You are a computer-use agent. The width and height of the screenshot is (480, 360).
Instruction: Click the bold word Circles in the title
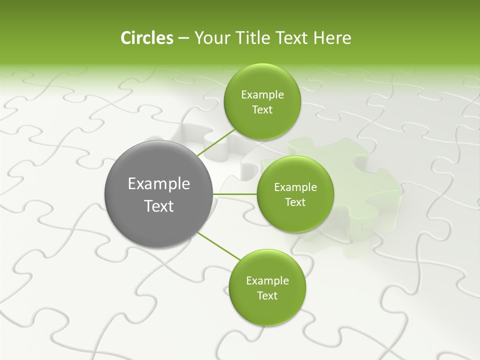click(147, 38)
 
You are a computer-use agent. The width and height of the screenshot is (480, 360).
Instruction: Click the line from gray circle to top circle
click(216, 142)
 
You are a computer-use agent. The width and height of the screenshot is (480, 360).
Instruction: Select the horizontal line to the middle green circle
click(235, 194)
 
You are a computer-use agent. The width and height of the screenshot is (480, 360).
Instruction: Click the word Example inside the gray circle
click(158, 184)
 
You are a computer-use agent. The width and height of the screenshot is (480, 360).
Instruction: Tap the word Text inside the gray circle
click(158, 206)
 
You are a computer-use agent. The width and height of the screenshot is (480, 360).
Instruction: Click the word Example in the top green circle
click(262, 95)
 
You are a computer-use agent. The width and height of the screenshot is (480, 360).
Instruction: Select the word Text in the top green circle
click(262, 110)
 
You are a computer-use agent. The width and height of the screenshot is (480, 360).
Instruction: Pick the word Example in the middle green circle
click(295, 187)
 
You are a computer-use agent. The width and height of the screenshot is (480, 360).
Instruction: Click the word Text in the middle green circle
click(295, 202)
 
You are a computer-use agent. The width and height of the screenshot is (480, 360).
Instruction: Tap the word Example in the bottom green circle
click(267, 281)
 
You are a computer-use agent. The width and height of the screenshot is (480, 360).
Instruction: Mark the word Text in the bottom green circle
click(267, 296)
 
